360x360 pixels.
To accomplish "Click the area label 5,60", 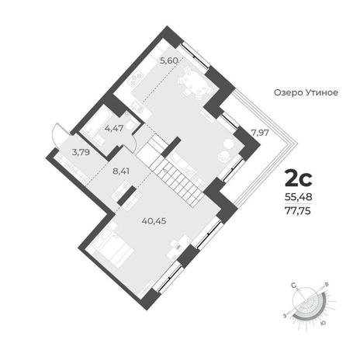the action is coord(169,61).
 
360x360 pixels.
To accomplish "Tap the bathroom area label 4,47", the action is coord(114,128).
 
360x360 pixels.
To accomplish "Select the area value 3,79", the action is coord(81,152).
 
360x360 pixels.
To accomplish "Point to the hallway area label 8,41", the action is coord(120,171).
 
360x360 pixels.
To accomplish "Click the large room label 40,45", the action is coord(154,221).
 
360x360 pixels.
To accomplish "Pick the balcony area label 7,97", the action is coord(260,133).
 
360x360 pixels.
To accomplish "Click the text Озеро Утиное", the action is coord(306,92).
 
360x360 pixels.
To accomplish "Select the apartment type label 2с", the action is coord(299,178).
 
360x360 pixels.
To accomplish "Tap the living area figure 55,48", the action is coord(299,197).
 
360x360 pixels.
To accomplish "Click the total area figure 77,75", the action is coord(298,211).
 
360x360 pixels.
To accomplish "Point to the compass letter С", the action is coord(293,286).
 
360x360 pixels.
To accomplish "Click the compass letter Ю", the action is coord(323,324).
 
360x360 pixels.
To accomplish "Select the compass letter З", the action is coord(285,315).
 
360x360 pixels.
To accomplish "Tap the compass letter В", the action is coord(327,285).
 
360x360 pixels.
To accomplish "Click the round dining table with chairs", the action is coord(195,83).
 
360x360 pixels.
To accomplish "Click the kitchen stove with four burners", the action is coord(137,78).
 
